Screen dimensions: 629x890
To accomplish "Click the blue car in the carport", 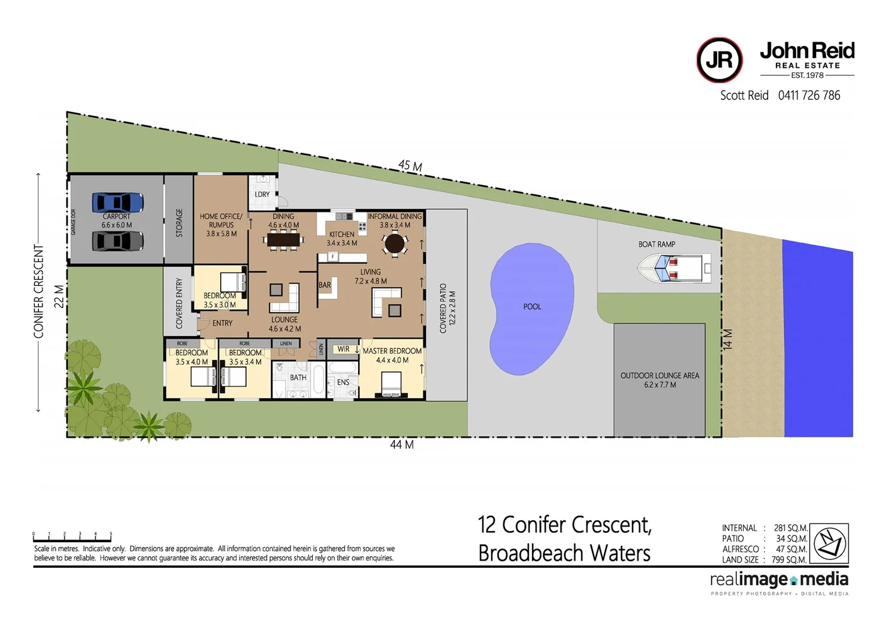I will click(x=118, y=203).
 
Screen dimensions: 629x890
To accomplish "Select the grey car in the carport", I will click(x=118, y=241).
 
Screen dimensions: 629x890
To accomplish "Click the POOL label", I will click(x=532, y=306).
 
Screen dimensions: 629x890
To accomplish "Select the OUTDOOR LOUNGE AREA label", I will click(x=659, y=376).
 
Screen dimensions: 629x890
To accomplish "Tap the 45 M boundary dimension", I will click(x=410, y=166).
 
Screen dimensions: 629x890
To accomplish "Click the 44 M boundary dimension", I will click(x=401, y=445).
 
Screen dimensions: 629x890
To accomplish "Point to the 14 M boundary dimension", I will click(x=728, y=339).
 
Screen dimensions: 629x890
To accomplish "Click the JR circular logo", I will click(x=719, y=60).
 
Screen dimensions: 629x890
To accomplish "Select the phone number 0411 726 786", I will click(x=809, y=96).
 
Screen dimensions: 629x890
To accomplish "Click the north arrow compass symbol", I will click(x=829, y=543).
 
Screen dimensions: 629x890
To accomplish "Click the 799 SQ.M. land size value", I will click(x=789, y=560).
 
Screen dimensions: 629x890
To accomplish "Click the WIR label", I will click(x=344, y=349).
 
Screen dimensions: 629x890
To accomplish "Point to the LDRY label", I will click(x=262, y=195).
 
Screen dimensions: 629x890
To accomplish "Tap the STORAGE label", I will click(x=179, y=222).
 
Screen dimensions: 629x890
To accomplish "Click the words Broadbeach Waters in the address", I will click(x=564, y=553).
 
